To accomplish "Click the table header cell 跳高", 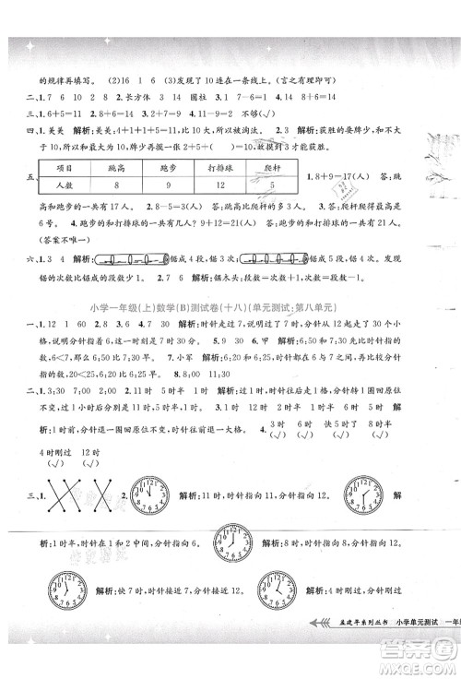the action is (x=143, y=169).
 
